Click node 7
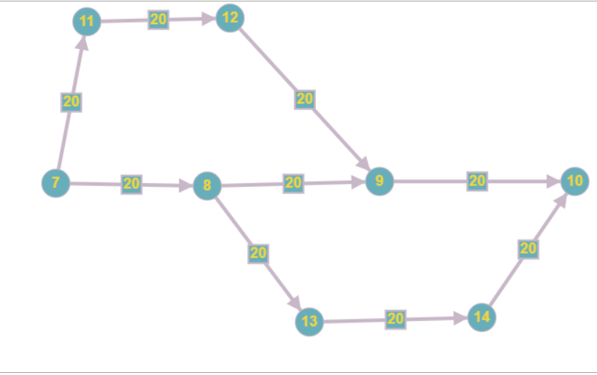pos(55,183)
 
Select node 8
pos(207,186)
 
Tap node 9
pos(380,181)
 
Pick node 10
pos(575,181)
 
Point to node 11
pos(87,21)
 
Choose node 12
pos(230,18)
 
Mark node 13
pos(309,322)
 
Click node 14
pos(482,317)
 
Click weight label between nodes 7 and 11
pos(72,102)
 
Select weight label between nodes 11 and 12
pos(158,20)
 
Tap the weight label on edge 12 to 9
pos(304,99)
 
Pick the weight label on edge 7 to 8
pos(131,185)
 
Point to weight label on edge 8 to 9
pos(293,183)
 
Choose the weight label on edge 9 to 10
pos(477,181)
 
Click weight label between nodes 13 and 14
pos(396,320)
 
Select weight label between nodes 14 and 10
pos(528,249)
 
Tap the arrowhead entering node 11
pos(82,43)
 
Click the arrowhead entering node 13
pos(295,302)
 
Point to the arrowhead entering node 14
pos(460,318)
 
